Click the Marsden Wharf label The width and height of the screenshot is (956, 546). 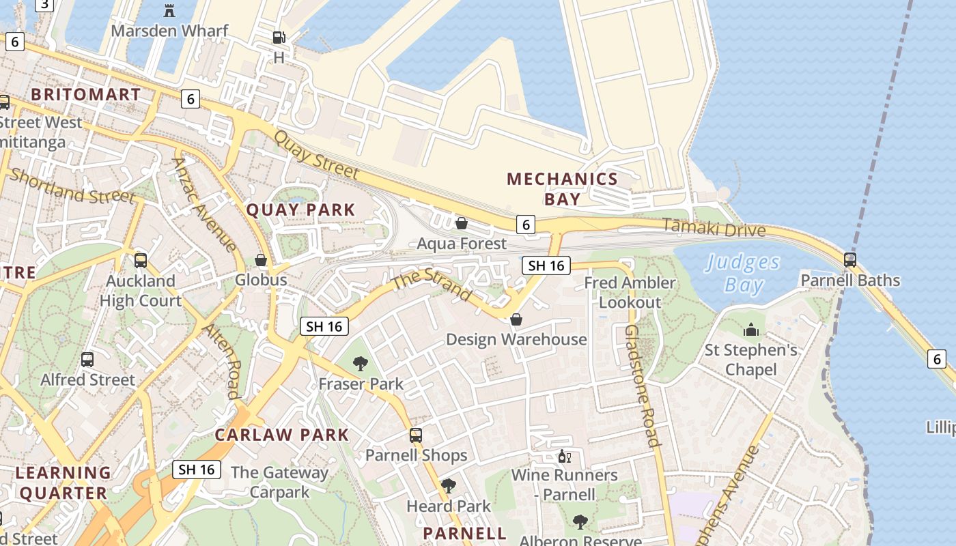point(169,31)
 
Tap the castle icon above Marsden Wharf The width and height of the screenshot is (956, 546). point(169,10)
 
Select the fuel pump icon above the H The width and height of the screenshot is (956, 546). point(279,37)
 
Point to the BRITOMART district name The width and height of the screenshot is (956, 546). point(86,94)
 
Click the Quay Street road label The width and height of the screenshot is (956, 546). point(315,155)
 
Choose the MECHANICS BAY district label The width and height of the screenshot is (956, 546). point(562,189)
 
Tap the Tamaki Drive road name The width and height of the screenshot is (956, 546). point(714,228)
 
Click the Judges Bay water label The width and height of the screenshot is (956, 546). point(743,273)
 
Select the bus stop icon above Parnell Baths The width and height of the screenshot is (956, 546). point(850,259)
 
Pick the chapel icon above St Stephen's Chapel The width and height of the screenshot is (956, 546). point(751,330)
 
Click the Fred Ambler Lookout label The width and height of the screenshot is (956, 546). point(630,292)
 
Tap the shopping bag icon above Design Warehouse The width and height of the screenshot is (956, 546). point(516,319)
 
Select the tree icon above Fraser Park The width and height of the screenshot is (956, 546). point(361,363)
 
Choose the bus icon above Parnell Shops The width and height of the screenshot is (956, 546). point(416,435)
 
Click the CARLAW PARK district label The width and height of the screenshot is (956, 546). point(282,435)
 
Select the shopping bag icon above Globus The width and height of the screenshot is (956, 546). point(261,260)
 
